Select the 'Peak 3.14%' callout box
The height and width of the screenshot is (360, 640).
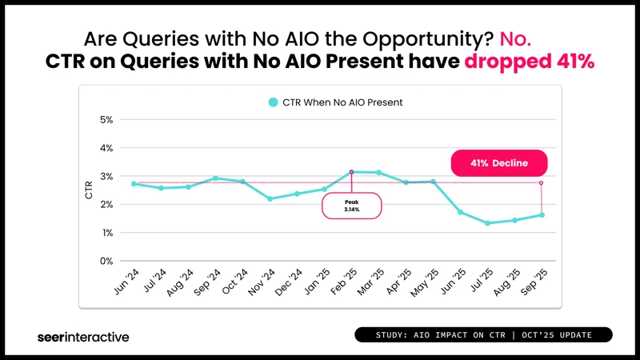pos(352,206)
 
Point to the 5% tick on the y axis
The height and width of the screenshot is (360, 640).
pos(106,120)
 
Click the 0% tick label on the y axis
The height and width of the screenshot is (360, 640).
pos(106,261)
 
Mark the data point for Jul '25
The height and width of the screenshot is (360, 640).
pos(487,223)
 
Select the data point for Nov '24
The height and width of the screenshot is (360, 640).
pos(270,198)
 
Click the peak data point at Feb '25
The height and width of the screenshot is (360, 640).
pos(351,172)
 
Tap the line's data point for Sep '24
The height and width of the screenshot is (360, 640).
pos(215,178)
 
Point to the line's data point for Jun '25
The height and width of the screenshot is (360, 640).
pos(460,212)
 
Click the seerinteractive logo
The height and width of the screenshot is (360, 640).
pos(82,337)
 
